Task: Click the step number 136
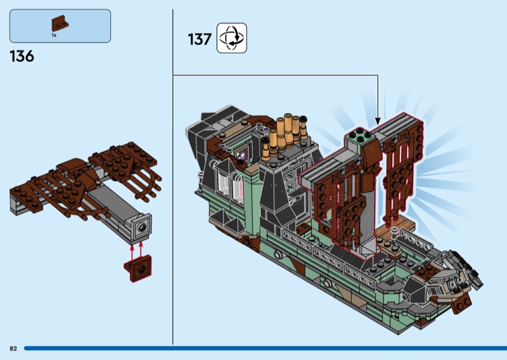pyautogui.click(x=22, y=56)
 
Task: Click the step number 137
pyautogui.click(x=200, y=39)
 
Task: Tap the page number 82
pyautogui.click(x=13, y=349)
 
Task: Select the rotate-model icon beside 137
pyautogui.click(x=231, y=38)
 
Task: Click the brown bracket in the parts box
pyautogui.click(x=60, y=23)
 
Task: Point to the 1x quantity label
pyautogui.click(x=54, y=35)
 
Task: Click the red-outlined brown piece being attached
pyautogui.click(x=138, y=268)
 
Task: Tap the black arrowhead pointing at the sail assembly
pyautogui.click(x=378, y=121)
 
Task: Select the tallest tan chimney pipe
pyautogui.click(x=288, y=128)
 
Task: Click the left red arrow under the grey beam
pyautogui.click(x=132, y=253)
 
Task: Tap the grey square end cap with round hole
pyautogui.click(x=141, y=227)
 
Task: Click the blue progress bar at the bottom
pyautogui.click(x=266, y=349)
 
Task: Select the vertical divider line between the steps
pyautogui.click(x=172, y=177)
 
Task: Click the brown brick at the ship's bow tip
pyautogui.click(x=461, y=304)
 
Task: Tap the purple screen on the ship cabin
pyautogui.click(x=242, y=152)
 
